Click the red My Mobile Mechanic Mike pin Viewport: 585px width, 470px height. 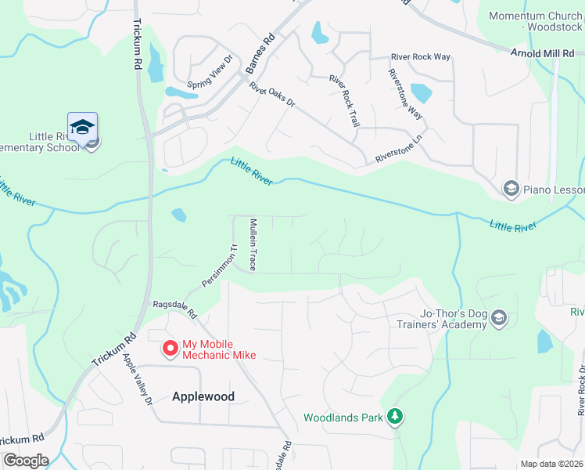point(169,349)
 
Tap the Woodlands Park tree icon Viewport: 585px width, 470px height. point(397,416)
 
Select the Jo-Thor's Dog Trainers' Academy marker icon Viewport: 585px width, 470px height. point(500,318)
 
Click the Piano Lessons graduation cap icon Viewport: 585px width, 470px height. point(511,188)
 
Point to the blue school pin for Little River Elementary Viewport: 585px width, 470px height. point(82,127)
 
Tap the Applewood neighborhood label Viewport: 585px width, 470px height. point(203,396)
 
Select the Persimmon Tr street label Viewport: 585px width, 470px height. point(219,266)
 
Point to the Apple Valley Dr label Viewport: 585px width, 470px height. point(137,379)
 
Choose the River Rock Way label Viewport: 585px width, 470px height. point(421,57)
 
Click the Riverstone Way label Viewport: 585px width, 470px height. point(406,94)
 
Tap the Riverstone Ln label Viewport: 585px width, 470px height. point(398,148)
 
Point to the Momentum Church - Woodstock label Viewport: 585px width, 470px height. point(537,21)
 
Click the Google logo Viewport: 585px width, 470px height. point(25,461)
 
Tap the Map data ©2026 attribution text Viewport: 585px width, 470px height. point(551,464)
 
